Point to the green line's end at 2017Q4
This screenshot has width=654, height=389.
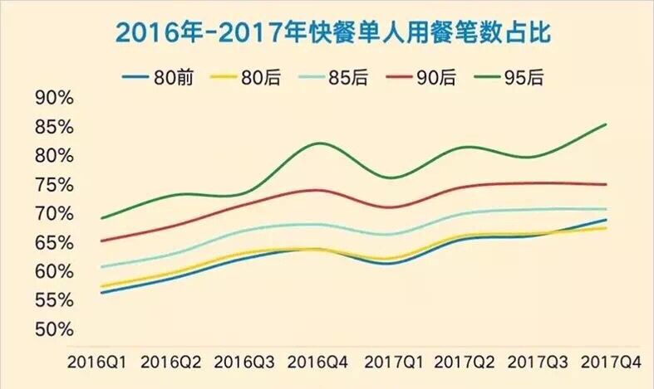pyautogui.click(x=606, y=124)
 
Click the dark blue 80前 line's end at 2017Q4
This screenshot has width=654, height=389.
pyautogui.click(x=606, y=220)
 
